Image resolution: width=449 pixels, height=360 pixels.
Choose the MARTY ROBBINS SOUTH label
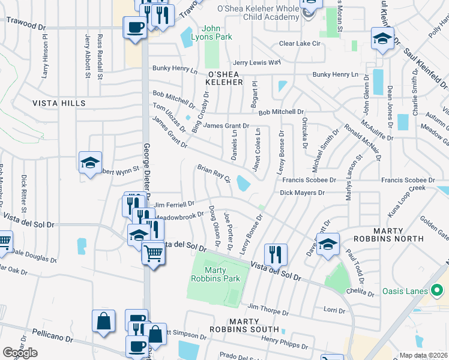point(244,329)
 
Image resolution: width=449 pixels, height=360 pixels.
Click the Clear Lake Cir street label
point(304,44)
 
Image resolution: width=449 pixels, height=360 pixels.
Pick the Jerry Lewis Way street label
point(257,62)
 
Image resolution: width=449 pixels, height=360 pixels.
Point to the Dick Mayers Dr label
point(302,193)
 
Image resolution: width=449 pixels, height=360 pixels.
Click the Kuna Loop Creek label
point(406,196)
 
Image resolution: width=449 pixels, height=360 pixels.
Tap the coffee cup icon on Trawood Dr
point(134,26)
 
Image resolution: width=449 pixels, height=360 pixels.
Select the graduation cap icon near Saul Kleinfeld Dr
point(382,39)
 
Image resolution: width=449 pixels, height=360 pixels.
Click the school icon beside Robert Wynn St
point(90,163)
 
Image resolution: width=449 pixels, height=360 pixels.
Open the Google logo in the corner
point(20,353)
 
